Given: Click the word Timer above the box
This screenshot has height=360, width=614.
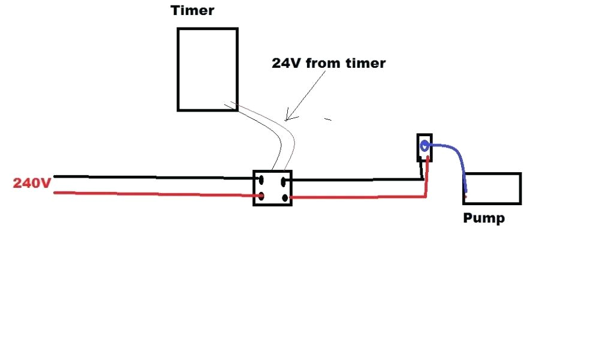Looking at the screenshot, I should point(192,10).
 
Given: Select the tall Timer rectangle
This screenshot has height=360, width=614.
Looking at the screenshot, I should point(207,69).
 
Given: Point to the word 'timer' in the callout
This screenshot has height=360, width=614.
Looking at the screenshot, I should point(365,63).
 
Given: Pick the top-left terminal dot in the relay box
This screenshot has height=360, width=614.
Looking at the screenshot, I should point(261,178).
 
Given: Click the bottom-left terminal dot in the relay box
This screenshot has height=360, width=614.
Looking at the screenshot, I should point(261,196).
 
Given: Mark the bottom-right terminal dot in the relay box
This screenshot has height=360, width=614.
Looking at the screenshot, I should point(284,196).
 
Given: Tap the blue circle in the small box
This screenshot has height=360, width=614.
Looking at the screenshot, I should point(425,145).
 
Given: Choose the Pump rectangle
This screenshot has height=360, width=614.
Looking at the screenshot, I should point(492,188).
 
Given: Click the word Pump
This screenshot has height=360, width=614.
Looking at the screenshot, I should point(484,218).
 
